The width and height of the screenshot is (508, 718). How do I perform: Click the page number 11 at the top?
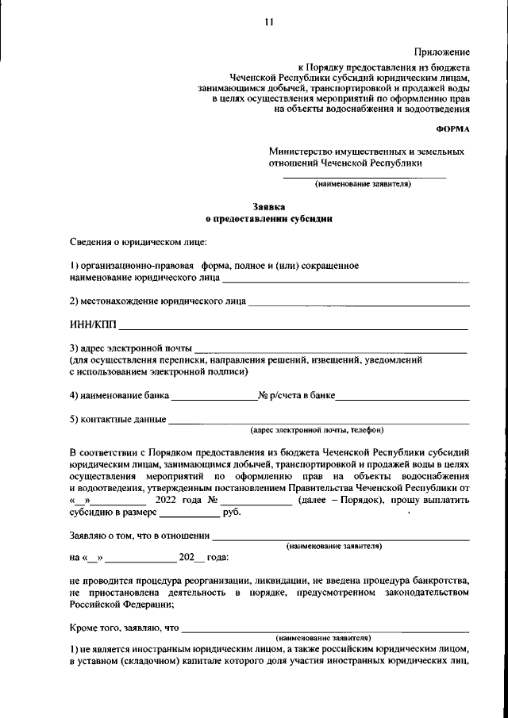click(269, 22)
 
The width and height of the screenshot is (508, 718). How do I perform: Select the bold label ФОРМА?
click(453, 128)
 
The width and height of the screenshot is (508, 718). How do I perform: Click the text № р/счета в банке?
click(297, 395)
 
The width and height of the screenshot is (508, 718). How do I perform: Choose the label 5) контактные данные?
click(117, 419)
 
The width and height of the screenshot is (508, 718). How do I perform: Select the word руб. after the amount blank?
click(233, 513)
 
